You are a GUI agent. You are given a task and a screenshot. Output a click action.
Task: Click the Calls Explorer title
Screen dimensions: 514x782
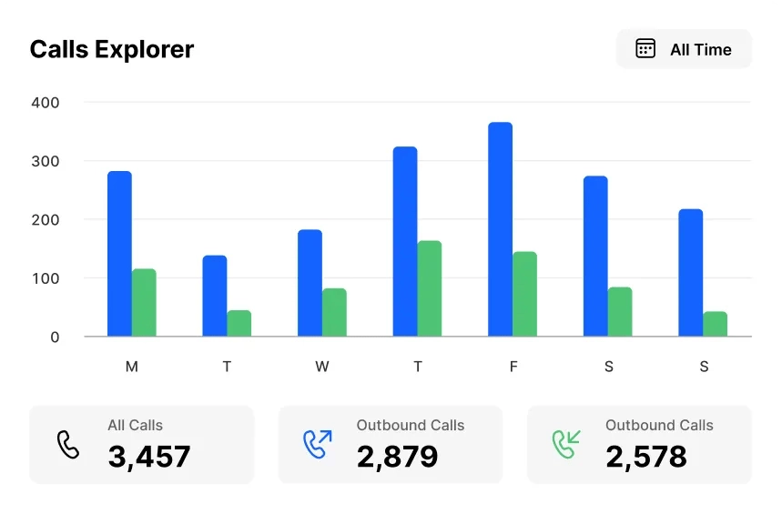click(x=111, y=49)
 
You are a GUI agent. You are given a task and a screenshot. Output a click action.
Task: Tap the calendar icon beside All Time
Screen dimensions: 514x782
click(x=645, y=49)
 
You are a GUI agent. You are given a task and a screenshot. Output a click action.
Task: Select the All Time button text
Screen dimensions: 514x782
click(x=700, y=50)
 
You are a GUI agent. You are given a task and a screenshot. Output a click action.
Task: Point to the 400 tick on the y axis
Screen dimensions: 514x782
click(x=45, y=103)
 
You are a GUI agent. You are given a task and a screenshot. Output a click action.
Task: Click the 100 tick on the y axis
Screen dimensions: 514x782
click(x=45, y=278)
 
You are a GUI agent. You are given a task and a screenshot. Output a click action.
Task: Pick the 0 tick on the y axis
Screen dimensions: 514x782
click(x=55, y=338)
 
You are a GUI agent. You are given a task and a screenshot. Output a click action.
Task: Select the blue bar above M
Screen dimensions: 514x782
click(x=119, y=254)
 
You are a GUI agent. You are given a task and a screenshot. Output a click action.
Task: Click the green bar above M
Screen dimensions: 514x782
click(x=144, y=303)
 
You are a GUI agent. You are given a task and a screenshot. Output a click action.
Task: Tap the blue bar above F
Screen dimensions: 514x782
click(x=500, y=229)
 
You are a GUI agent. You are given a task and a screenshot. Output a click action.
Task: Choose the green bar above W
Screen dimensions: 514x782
click(x=334, y=313)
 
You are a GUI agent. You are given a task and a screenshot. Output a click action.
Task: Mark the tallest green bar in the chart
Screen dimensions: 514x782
click(x=429, y=288)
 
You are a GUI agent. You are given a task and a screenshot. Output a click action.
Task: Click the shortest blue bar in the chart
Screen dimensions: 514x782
click(x=215, y=296)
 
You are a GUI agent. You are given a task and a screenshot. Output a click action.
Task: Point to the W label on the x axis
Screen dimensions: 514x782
click(x=322, y=367)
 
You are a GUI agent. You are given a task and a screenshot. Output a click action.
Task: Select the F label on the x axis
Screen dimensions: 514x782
click(x=513, y=367)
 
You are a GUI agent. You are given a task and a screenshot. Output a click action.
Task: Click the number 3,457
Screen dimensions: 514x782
click(x=149, y=456)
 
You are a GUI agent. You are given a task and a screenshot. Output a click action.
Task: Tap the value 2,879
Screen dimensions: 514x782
click(x=398, y=456)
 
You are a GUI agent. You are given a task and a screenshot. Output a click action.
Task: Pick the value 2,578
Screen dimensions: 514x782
click(x=646, y=456)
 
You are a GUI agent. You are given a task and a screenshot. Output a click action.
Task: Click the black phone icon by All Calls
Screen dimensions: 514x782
click(x=68, y=445)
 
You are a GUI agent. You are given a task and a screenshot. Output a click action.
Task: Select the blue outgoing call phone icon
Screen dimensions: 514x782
click(x=317, y=444)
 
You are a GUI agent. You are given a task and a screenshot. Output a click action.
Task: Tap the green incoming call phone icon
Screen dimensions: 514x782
click(x=565, y=444)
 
